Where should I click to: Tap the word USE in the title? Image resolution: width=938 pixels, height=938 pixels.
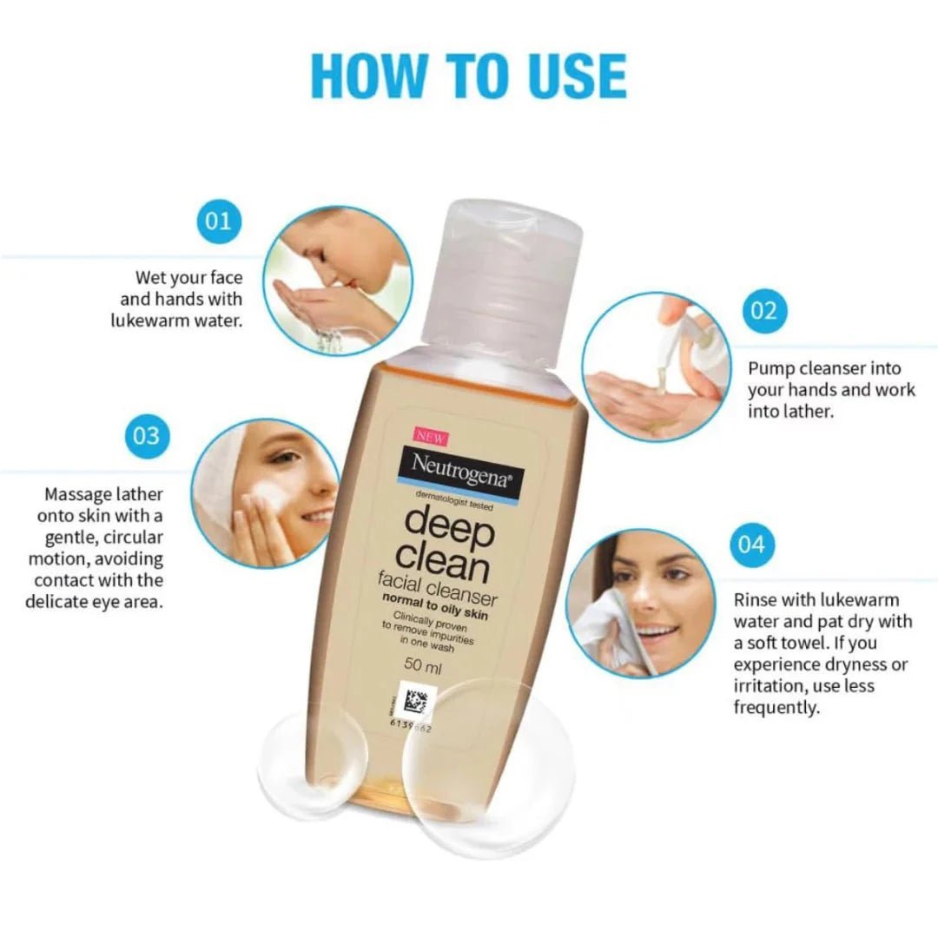click(573, 76)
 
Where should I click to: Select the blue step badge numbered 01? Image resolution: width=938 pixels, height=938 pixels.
click(218, 221)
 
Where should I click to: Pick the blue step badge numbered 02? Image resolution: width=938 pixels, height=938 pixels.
click(764, 310)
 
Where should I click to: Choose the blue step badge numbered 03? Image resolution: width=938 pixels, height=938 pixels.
click(147, 433)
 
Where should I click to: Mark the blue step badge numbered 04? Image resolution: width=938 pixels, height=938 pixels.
click(752, 545)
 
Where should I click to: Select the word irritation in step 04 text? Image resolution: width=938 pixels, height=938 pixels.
click(771, 686)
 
